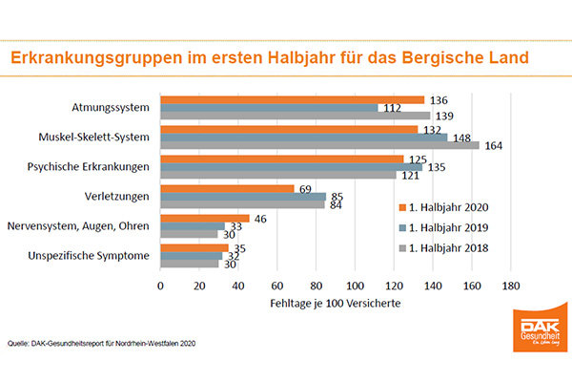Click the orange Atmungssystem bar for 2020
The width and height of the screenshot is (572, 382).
292,99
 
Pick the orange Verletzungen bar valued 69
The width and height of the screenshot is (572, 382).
227,188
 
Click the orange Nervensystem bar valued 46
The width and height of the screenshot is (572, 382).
205,218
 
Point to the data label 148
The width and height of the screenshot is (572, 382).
461,138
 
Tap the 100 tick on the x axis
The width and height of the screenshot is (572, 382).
355,285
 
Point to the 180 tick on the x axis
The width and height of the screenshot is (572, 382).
510,285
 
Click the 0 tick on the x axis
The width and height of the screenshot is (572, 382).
160,285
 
